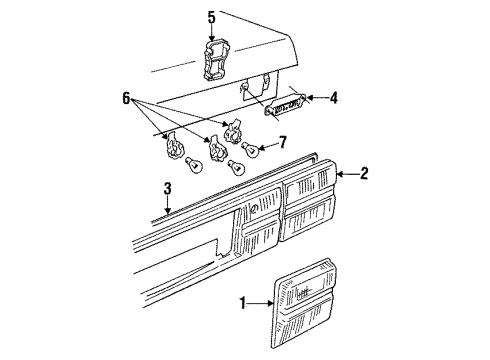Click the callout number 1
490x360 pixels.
pos(243,303)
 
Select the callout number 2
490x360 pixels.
pos(364,174)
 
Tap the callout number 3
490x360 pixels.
pos(168,189)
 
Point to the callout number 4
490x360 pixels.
pos(333,98)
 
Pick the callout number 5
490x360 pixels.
pos(212,17)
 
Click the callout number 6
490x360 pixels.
pos(126,98)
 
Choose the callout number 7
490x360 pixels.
pos(283,143)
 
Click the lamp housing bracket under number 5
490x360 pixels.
pos(215,60)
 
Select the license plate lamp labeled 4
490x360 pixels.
pos(285,104)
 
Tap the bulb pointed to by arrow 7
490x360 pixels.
pos(250,149)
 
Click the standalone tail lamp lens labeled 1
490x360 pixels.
pos(303,304)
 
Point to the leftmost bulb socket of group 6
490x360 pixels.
pos(174,145)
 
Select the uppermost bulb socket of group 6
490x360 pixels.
pos(234,131)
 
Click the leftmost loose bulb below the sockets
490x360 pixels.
pos(194,165)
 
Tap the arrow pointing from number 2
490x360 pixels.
pos(348,174)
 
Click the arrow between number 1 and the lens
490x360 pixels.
pos(261,303)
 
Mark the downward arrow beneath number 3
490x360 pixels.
pos(168,205)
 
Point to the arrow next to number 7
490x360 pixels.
pos(268,146)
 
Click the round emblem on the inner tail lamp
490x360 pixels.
pos(253,210)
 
